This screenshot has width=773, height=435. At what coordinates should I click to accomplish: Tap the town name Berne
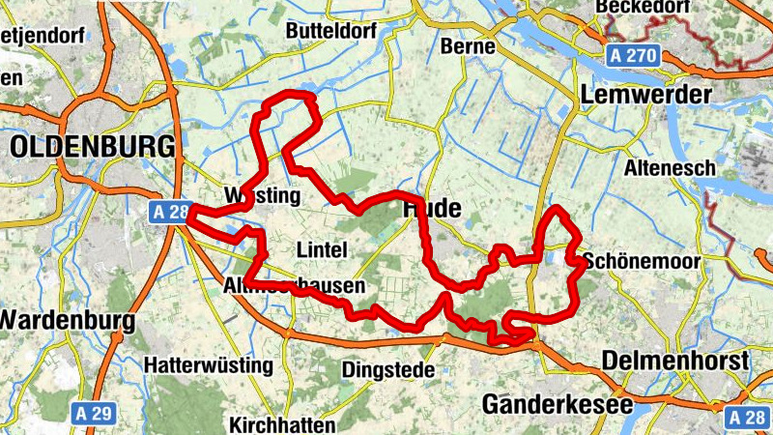pos(468,45)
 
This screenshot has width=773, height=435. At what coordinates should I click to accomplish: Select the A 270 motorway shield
pos(635,57)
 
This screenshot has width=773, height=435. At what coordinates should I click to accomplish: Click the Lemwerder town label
pos(646,95)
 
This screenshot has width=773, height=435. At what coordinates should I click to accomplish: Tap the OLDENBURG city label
pos(94,147)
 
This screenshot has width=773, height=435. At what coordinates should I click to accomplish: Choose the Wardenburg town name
pos(67,318)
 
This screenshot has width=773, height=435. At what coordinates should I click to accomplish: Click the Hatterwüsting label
pos(210,366)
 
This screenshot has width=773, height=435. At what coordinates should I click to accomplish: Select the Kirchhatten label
pos(282,424)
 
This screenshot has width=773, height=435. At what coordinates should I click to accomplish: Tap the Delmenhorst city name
pos(675,361)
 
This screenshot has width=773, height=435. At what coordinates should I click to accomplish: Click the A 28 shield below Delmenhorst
pos(746,417)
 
